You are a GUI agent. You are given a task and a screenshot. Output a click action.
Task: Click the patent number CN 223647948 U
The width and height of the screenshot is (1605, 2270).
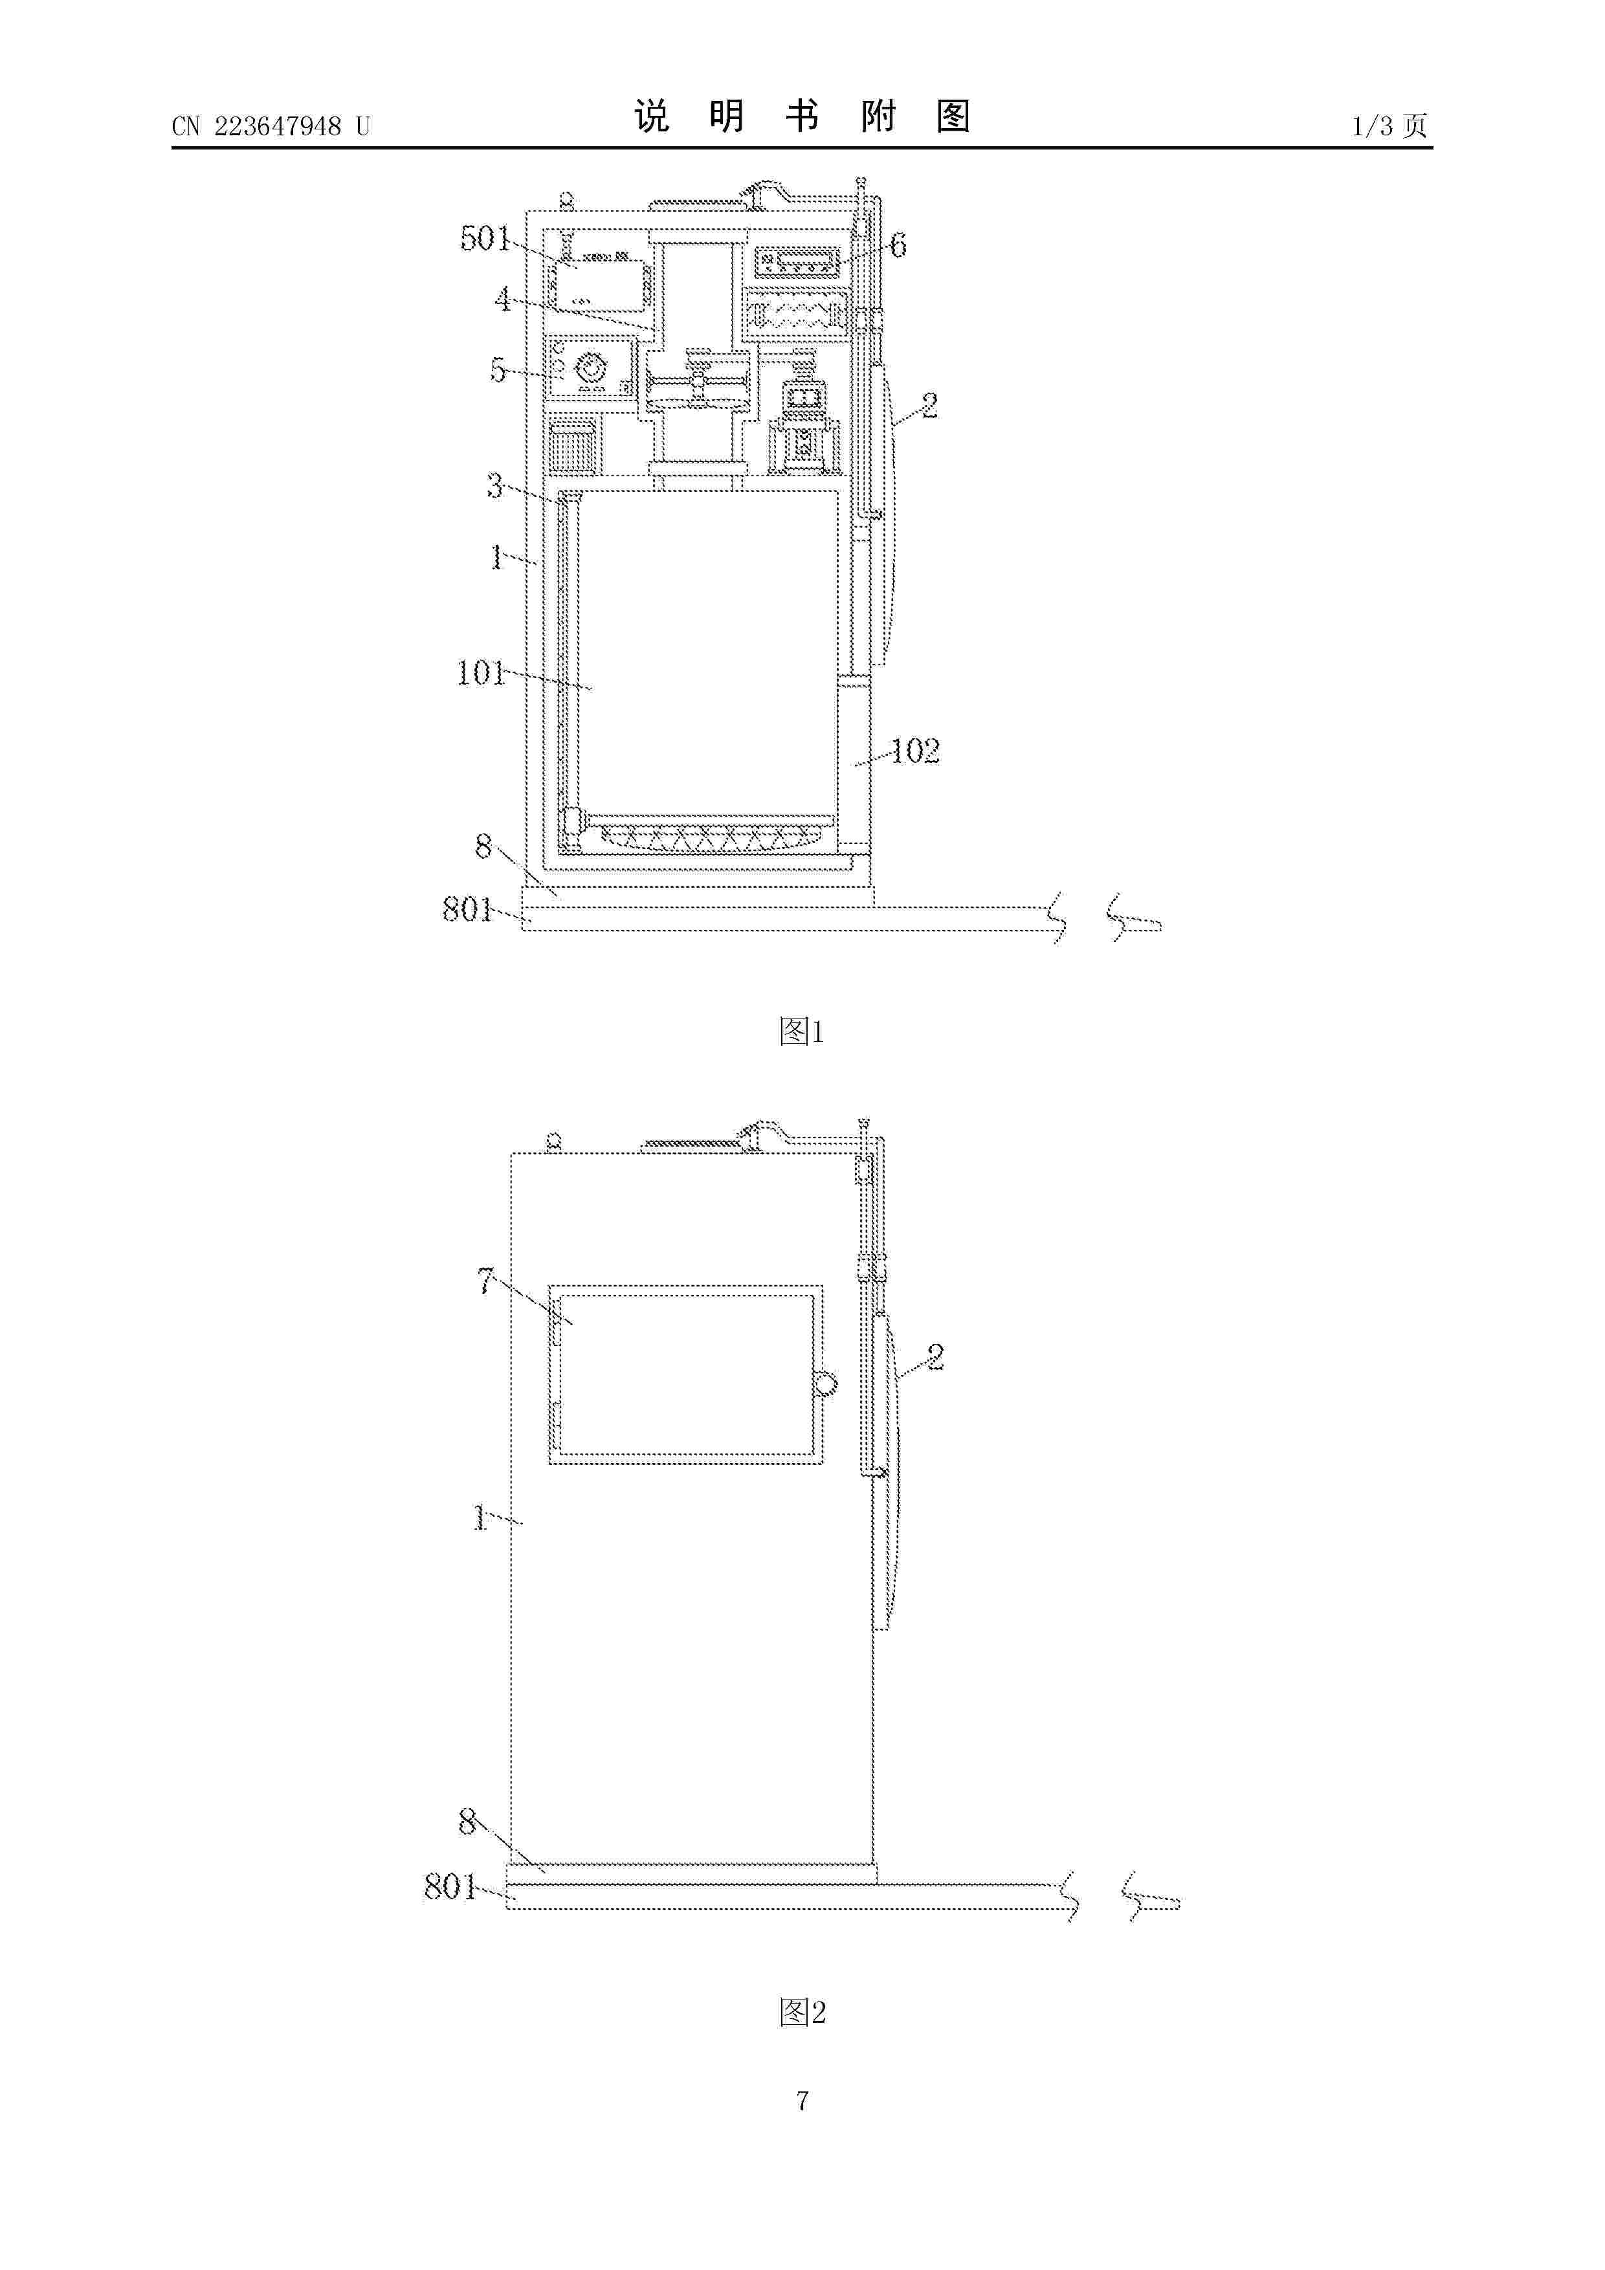(271, 127)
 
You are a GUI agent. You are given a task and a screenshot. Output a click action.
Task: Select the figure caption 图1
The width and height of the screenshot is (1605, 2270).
(802, 1031)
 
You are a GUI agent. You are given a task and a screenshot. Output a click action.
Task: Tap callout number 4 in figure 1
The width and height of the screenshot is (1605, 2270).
(504, 298)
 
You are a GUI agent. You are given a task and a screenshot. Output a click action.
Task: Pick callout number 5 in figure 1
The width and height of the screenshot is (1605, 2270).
(498, 371)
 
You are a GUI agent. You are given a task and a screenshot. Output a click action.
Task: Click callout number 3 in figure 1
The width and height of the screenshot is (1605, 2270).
(494, 485)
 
